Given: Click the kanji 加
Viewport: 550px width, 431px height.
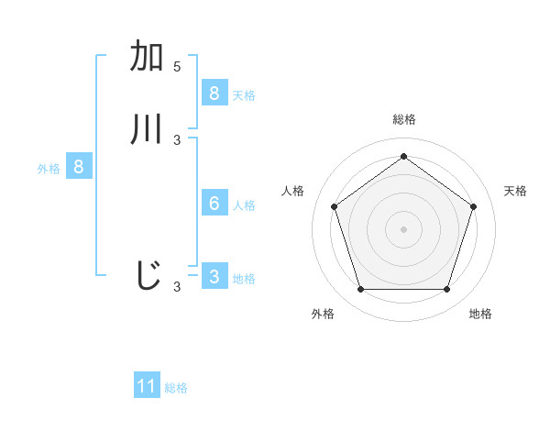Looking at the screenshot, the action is tap(148, 57).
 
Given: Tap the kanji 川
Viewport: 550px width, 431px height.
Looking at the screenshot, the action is tap(148, 129).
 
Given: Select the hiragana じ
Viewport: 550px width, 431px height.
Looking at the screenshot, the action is tap(148, 275).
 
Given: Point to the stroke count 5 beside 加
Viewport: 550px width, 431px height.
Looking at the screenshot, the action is tap(177, 66).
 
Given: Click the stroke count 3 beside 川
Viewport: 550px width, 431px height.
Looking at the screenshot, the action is tap(177, 139).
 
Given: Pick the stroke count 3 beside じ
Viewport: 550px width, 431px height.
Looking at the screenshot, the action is tap(177, 287).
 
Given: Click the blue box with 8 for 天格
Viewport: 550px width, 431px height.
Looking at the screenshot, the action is tap(214, 93).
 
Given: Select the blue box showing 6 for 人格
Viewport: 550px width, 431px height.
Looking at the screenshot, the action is tap(214, 204).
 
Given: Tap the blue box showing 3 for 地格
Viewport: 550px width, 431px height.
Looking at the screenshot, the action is tap(214, 277).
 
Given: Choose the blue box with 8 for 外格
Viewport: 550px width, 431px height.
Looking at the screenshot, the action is tap(79, 167).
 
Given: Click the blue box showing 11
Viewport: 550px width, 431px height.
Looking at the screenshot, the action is tap(147, 386).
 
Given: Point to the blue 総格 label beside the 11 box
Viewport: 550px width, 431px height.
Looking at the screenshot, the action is tap(176, 388).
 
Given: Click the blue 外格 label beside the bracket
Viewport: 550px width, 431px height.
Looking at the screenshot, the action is tap(49, 169).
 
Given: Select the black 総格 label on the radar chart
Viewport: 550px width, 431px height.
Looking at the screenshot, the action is tap(403, 119).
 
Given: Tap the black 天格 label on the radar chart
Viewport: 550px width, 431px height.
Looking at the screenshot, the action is tap(515, 191).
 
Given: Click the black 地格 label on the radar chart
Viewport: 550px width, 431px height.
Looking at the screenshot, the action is tap(480, 314).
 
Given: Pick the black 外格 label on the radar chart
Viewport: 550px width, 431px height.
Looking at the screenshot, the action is tap(323, 314).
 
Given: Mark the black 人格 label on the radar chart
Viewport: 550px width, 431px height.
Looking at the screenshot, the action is tap(292, 191).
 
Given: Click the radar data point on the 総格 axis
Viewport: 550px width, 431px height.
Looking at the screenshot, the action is tap(403, 156).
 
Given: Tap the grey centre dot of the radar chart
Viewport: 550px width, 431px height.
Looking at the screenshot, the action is tap(403, 228).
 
